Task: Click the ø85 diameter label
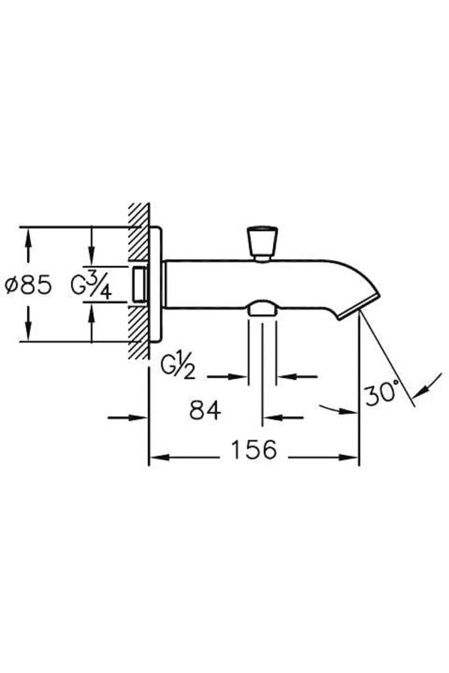tap(28, 285)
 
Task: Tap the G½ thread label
tap(178, 368)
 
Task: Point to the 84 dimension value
tap(205, 410)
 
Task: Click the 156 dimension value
tap(254, 450)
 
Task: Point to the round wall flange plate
tap(156, 284)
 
